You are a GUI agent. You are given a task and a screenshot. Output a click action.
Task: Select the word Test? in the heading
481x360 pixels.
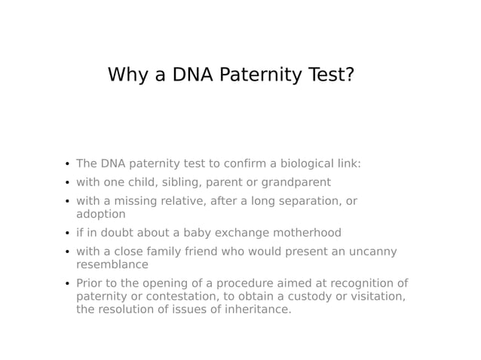[x=330, y=75]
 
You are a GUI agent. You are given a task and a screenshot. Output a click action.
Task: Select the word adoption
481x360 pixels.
[x=100, y=214]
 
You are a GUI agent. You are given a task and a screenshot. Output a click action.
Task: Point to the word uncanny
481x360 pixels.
[x=372, y=252]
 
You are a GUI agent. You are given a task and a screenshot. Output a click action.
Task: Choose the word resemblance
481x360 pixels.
[x=112, y=264]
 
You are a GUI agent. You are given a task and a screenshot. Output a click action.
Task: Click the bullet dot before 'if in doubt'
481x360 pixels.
[x=66, y=233]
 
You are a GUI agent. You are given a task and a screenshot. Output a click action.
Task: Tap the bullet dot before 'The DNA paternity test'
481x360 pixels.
[x=66, y=164]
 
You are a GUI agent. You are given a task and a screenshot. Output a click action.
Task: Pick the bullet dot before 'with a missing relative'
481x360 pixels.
[x=66, y=202]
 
